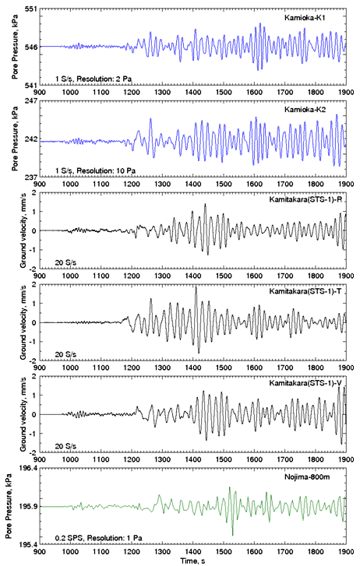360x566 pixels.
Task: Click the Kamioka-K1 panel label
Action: pos(305,18)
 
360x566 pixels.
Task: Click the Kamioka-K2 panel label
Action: pos(305,109)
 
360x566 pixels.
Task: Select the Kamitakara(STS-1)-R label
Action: pos(305,199)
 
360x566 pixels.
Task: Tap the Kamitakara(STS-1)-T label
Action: pos(305,291)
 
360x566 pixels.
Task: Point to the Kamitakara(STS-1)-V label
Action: pos(305,383)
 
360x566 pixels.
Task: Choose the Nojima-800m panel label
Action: pos(307,476)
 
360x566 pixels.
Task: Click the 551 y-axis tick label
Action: pos(30,9)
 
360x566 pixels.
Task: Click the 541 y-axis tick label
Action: pos(30,85)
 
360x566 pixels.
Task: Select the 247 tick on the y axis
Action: pos(30,100)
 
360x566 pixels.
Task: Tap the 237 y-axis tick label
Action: pos(30,178)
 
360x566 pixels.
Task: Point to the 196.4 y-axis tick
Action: pos(27,468)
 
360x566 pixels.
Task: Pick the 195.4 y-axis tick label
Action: pos(27,544)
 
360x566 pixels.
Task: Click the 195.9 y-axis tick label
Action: pos(27,506)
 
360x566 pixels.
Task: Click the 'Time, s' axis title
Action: pos(192,561)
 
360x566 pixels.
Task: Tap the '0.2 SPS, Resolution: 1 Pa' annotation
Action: pos(99,538)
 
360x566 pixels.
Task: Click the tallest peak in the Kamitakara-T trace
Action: pos(196,287)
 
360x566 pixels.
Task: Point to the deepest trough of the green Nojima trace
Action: pos(232,535)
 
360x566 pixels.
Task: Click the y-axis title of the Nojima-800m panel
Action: pos(9,506)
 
